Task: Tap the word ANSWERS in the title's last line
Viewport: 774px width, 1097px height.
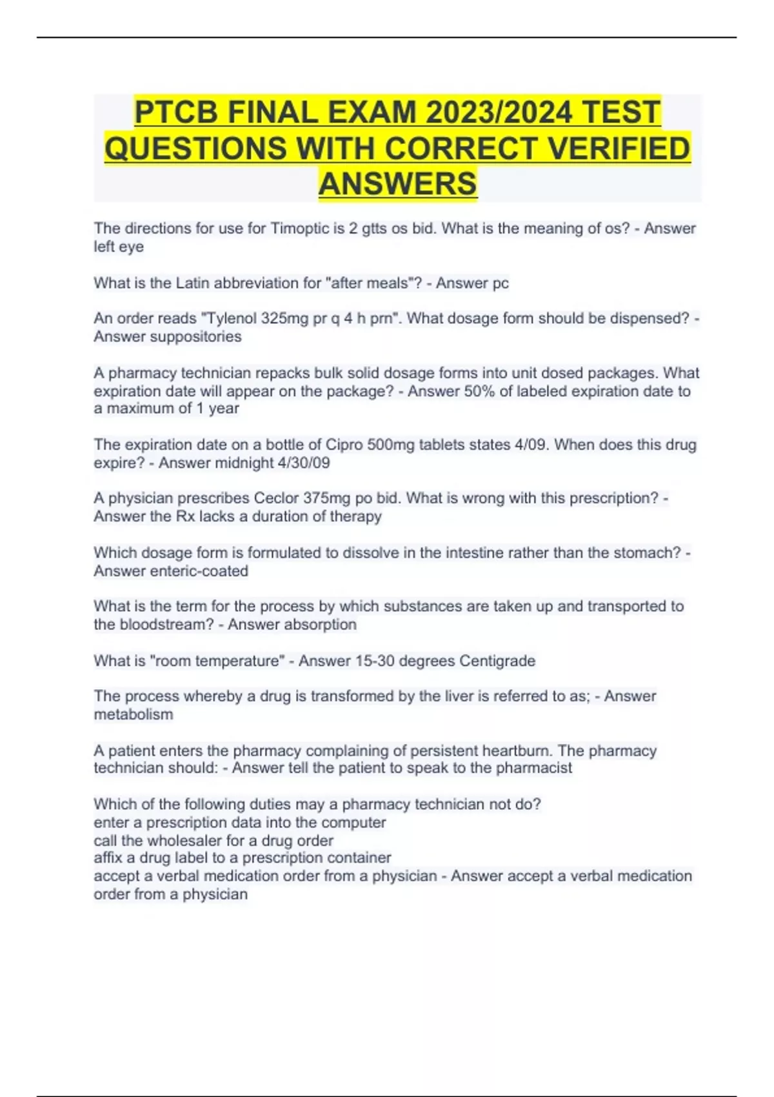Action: tap(398, 183)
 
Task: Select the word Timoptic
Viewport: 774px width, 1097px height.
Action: tap(299, 228)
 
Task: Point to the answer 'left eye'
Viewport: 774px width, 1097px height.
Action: tap(119, 247)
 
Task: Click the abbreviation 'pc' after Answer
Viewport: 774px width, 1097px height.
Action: tap(501, 283)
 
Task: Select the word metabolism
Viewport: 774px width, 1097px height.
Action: tap(134, 714)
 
